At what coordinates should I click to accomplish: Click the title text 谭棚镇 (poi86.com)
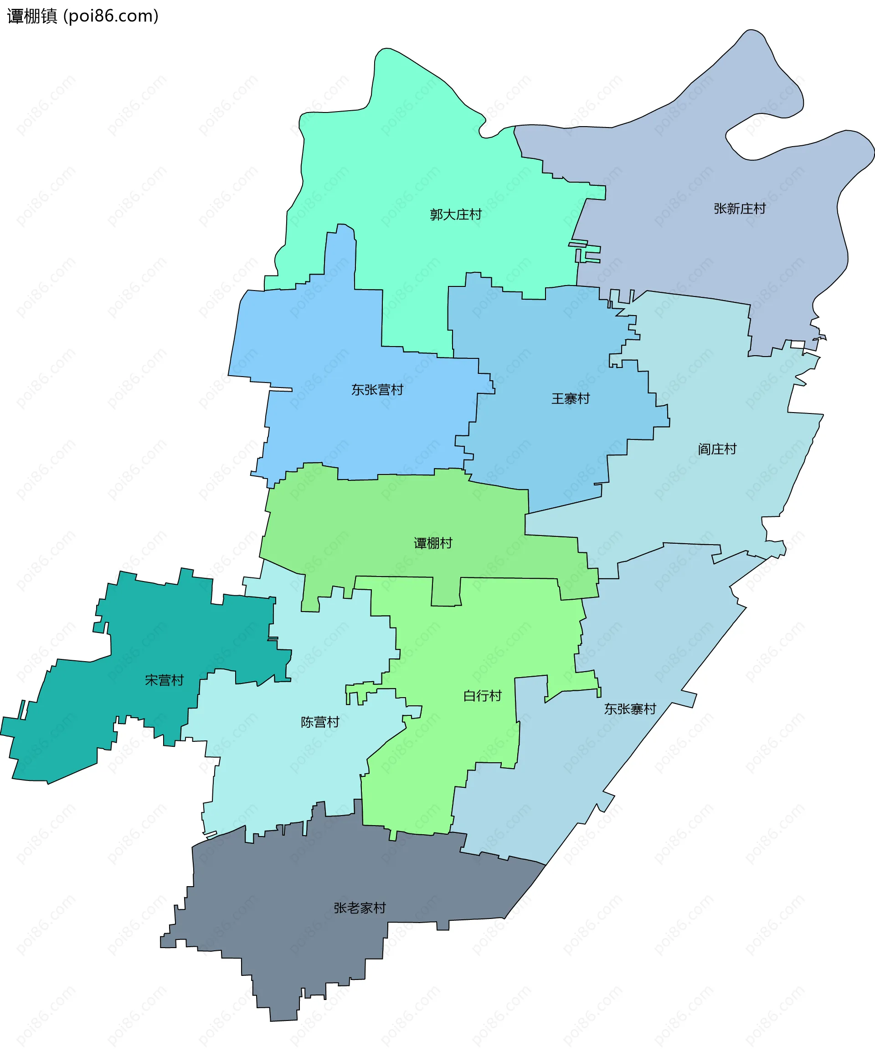(x=82, y=16)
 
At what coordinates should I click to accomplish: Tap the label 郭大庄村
(x=455, y=214)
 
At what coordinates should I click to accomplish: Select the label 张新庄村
(x=739, y=209)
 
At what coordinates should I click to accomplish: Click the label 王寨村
(x=570, y=399)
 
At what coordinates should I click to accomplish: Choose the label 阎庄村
(x=717, y=449)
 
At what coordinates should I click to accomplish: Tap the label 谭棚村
(x=433, y=543)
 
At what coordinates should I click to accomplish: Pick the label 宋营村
(x=164, y=680)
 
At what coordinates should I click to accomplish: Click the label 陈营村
(x=319, y=722)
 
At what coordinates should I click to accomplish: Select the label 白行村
(x=482, y=696)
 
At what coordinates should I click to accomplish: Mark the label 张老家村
(x=360, y=908)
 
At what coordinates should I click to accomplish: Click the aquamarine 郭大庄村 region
(x=426, y=165)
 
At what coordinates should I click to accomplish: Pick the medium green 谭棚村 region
(x=401, y=520)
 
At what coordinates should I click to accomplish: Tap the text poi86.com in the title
(x=111, y=16)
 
